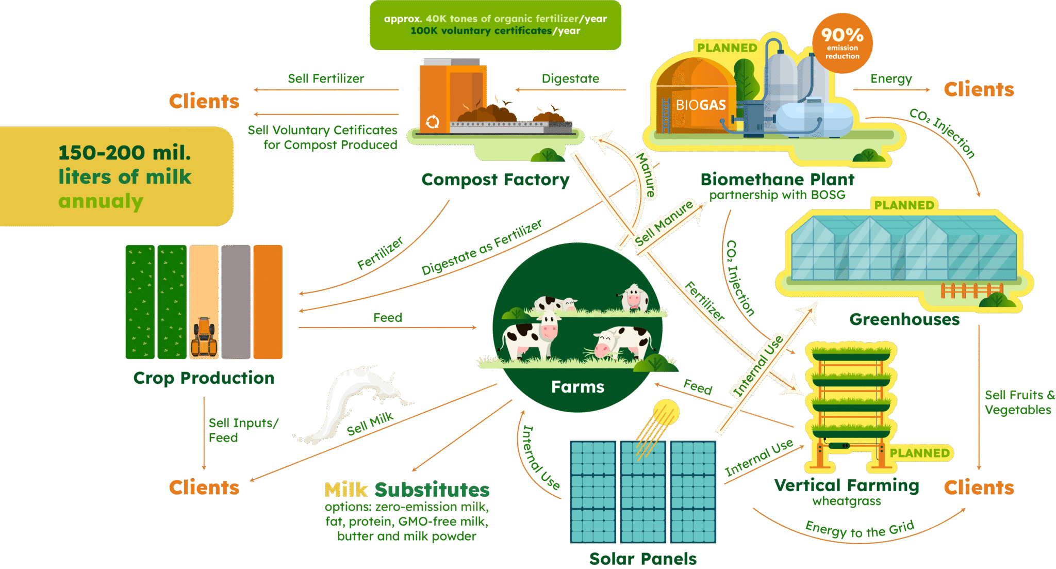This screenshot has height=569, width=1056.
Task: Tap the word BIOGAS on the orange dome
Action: click(x=701, y=105)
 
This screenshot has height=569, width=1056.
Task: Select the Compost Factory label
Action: click(x=495, y=180)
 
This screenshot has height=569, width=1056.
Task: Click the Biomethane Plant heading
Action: click(x=777, y=180)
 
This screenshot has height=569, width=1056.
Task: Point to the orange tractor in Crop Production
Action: click(x=204, y=336)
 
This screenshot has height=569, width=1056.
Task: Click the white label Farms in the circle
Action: click(x=577, y=387)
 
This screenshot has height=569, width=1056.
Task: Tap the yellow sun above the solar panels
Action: click(x=666, y=412)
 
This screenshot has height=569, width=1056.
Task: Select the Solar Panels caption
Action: click(x=642, y=559)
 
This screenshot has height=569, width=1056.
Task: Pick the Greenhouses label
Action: click(x=904, y=320)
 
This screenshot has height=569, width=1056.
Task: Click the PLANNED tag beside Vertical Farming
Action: click(x=919, y=453)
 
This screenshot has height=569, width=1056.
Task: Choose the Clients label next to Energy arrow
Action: click(x=979, y=90)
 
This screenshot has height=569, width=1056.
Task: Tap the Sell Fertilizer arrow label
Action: click(x=326, y=79)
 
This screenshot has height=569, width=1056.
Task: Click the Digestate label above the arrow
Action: click(x=570, y=79)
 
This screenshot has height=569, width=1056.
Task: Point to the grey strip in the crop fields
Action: click(x=236, y=302)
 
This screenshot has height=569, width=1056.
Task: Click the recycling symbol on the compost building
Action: click(x=432, y=122)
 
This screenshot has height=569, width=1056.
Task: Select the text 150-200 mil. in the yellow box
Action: click(x=124, y=153)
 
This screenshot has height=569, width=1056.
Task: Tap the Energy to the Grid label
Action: click(x=860, y=530)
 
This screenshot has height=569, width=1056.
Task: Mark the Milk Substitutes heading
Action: click(x=407, y=489)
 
